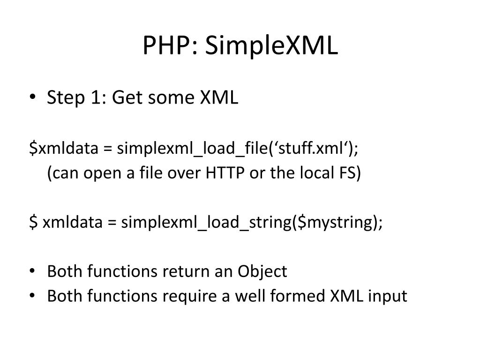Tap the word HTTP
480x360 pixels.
coord(224,173)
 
